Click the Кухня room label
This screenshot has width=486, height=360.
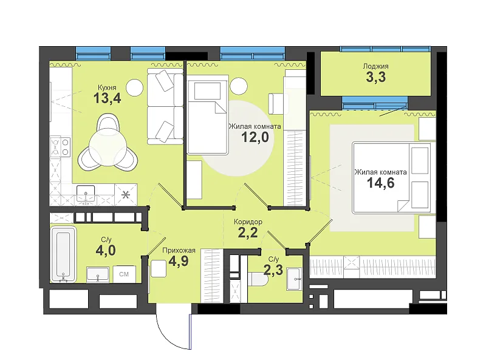107,87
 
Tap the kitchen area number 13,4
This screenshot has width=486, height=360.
107,98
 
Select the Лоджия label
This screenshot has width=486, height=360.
375,66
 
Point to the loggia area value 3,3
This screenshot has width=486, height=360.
375,77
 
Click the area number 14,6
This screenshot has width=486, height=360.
381,183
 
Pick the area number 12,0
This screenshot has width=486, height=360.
255,137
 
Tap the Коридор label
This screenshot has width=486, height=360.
248,222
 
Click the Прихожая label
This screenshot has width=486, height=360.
179,250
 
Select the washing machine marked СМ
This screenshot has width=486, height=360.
124,274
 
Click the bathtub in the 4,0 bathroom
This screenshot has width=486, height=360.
64,254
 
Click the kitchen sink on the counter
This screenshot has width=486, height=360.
86,194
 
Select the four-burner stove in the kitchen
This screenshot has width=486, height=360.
61,147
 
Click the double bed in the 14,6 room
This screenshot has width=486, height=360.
391,178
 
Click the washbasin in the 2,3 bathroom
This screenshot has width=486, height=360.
294,279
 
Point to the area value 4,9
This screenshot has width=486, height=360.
179,261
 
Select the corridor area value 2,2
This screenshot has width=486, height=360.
248,233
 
